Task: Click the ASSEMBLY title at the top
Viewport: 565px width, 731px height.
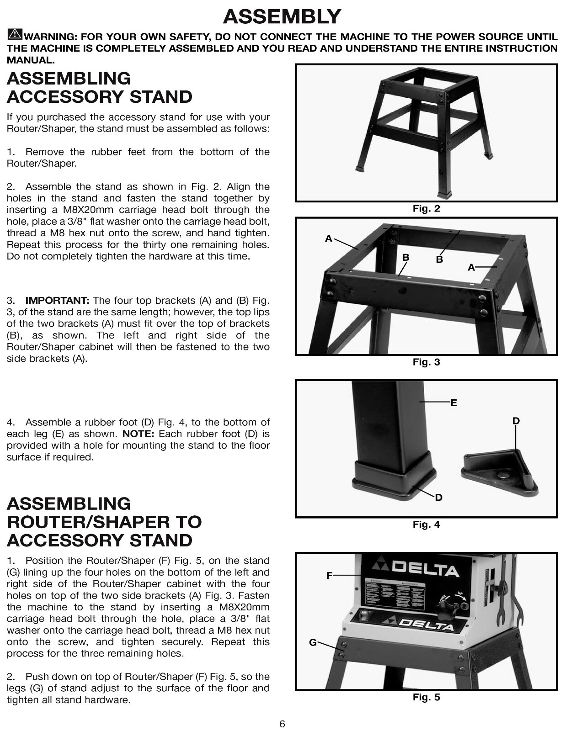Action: (282, 17)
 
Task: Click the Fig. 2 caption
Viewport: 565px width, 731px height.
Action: (426, 209)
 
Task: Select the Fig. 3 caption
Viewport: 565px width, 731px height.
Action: (426, 362)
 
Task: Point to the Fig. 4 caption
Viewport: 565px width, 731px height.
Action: (426, 524)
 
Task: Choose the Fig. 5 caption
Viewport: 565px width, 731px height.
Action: (426, 697)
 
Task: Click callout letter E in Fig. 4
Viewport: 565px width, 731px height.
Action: (453, 403)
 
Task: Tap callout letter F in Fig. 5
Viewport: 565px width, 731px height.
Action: (329, 576)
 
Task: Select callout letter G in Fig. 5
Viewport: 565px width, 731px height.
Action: (313, 642)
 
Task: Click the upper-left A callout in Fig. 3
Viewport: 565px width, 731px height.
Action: (328, 238)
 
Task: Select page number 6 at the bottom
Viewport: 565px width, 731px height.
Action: (282, 724)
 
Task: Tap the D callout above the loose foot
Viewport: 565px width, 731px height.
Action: (516, 421)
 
